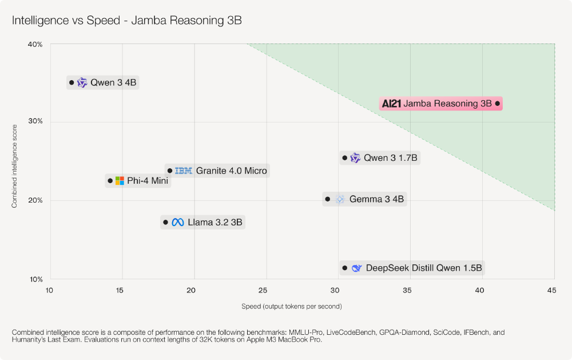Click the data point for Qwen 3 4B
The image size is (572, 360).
[71, 82]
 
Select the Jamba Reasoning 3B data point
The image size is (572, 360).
[497, 104]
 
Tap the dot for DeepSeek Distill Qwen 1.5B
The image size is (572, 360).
[344, 268]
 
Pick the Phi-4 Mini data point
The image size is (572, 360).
[110, 181]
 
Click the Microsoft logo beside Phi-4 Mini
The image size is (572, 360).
[120, 181]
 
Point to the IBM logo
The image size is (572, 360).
[184, 171]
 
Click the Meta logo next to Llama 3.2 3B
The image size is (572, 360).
[178, 222]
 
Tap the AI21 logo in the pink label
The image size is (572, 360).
[391, 104]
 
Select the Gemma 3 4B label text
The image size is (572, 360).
[376, 199]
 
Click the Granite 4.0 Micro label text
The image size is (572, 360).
[231, 171]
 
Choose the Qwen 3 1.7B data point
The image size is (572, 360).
[344, 158]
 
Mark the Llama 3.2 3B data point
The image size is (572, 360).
[165, 222]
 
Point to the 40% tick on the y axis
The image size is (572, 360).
[35, 44]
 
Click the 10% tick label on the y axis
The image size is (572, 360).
[35, 279]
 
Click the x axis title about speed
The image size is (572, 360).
[292, 306]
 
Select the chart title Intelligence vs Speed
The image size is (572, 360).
[127, 21]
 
